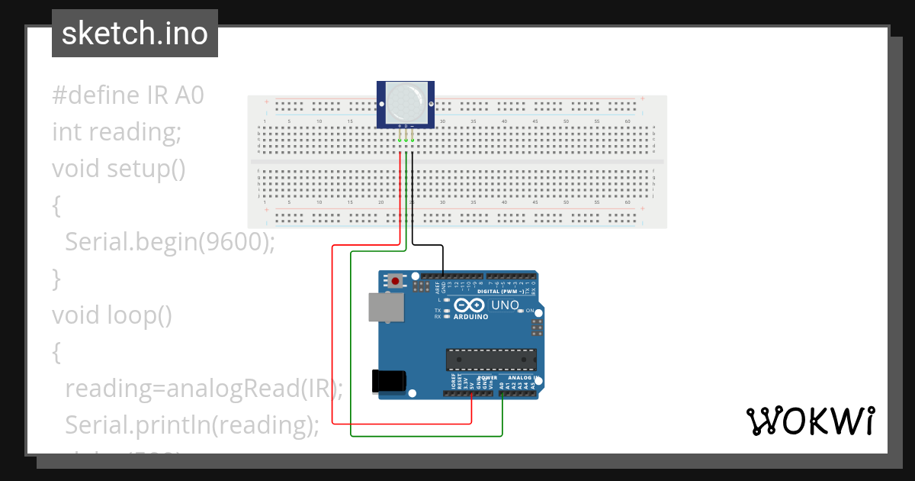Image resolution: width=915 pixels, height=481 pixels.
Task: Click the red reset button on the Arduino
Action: [396, 281]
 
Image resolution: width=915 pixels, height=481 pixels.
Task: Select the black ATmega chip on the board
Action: [491, 360]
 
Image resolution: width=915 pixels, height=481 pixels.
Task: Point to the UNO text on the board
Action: [504, 305]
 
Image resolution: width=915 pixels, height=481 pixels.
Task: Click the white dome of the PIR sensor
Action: [406, 101]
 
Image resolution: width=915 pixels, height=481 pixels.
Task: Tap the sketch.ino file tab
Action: [135, 34]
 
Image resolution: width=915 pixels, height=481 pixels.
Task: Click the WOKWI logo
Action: [810, 421]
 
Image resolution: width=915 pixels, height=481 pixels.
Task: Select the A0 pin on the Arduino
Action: [502, 395]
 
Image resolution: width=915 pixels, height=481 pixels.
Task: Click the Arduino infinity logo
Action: [470, 306]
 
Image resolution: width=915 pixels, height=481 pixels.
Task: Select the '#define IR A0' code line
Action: [128, 95]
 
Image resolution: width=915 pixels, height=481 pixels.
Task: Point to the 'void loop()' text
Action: [112, 315]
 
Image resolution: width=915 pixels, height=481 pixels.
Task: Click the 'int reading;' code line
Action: [117, 132]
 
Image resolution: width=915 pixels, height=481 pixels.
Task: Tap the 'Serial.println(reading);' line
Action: [192, 424]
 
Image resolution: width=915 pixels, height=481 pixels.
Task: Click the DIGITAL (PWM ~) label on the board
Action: [499, 292]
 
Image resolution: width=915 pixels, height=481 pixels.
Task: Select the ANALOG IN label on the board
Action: [523, 378]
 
